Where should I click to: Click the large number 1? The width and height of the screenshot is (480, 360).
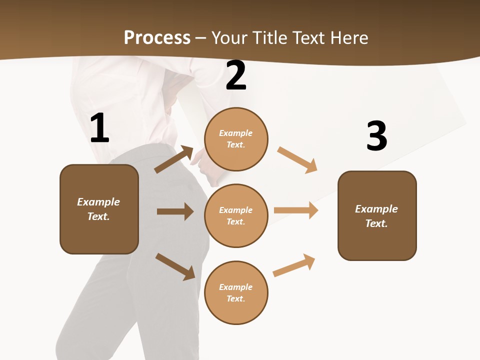[x=99, y=128]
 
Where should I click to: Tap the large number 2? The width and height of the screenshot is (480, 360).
[x=236, y=76]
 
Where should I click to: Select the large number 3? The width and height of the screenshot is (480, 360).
[x=376, y=135]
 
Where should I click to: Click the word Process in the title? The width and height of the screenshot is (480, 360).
[x=157, y=37]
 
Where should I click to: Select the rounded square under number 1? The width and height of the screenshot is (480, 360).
[x=99, y=209]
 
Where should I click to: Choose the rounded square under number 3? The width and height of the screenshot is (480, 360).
[x=377, y=215]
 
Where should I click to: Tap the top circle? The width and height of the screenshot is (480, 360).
[x=236, y=139]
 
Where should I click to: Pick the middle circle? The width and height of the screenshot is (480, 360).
[x=236, y=215]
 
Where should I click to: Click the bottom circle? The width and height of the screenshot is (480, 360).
[x=236, y=292]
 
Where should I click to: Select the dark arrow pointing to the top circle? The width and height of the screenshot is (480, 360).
[x=174, y=159]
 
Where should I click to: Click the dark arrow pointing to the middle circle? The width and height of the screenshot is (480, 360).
[x=175, y=211]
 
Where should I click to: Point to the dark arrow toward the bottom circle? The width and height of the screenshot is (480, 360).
[x=175, y=266]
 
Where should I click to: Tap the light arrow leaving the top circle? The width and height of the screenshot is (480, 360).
[x=297, y=160]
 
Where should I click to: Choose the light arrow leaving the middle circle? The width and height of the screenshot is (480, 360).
[x=296, y=210]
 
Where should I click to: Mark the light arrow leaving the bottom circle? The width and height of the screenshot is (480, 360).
[x=294, y=265]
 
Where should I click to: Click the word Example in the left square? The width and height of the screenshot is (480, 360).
[x=98, y=202]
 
